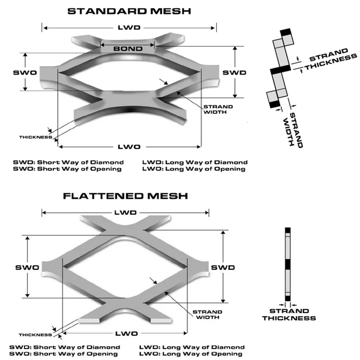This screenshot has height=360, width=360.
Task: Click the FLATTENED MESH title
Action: click(x=125, y=196)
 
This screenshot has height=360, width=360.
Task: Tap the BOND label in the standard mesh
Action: click(x=127, y=49)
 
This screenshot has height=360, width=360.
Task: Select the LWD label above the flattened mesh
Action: click(x=125, y=213)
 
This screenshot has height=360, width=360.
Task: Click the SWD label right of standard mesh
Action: click(x=234, y=72)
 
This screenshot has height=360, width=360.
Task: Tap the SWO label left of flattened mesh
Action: click(x=27, y=267)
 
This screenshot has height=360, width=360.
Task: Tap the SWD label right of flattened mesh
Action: click(x=223, y=267)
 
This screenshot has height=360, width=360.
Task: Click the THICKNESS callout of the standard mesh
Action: click(x=35, y=137)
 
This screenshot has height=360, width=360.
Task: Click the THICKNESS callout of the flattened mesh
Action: click(x=35, y=335)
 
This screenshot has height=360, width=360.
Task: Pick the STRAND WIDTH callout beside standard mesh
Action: click(x=218, y=109)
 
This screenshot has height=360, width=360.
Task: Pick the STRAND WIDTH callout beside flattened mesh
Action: click(x=207, y=314)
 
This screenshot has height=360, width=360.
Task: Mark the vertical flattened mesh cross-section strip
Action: click(x=288, y=264)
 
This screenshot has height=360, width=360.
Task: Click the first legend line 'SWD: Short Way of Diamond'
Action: click(x=68, y=162)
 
